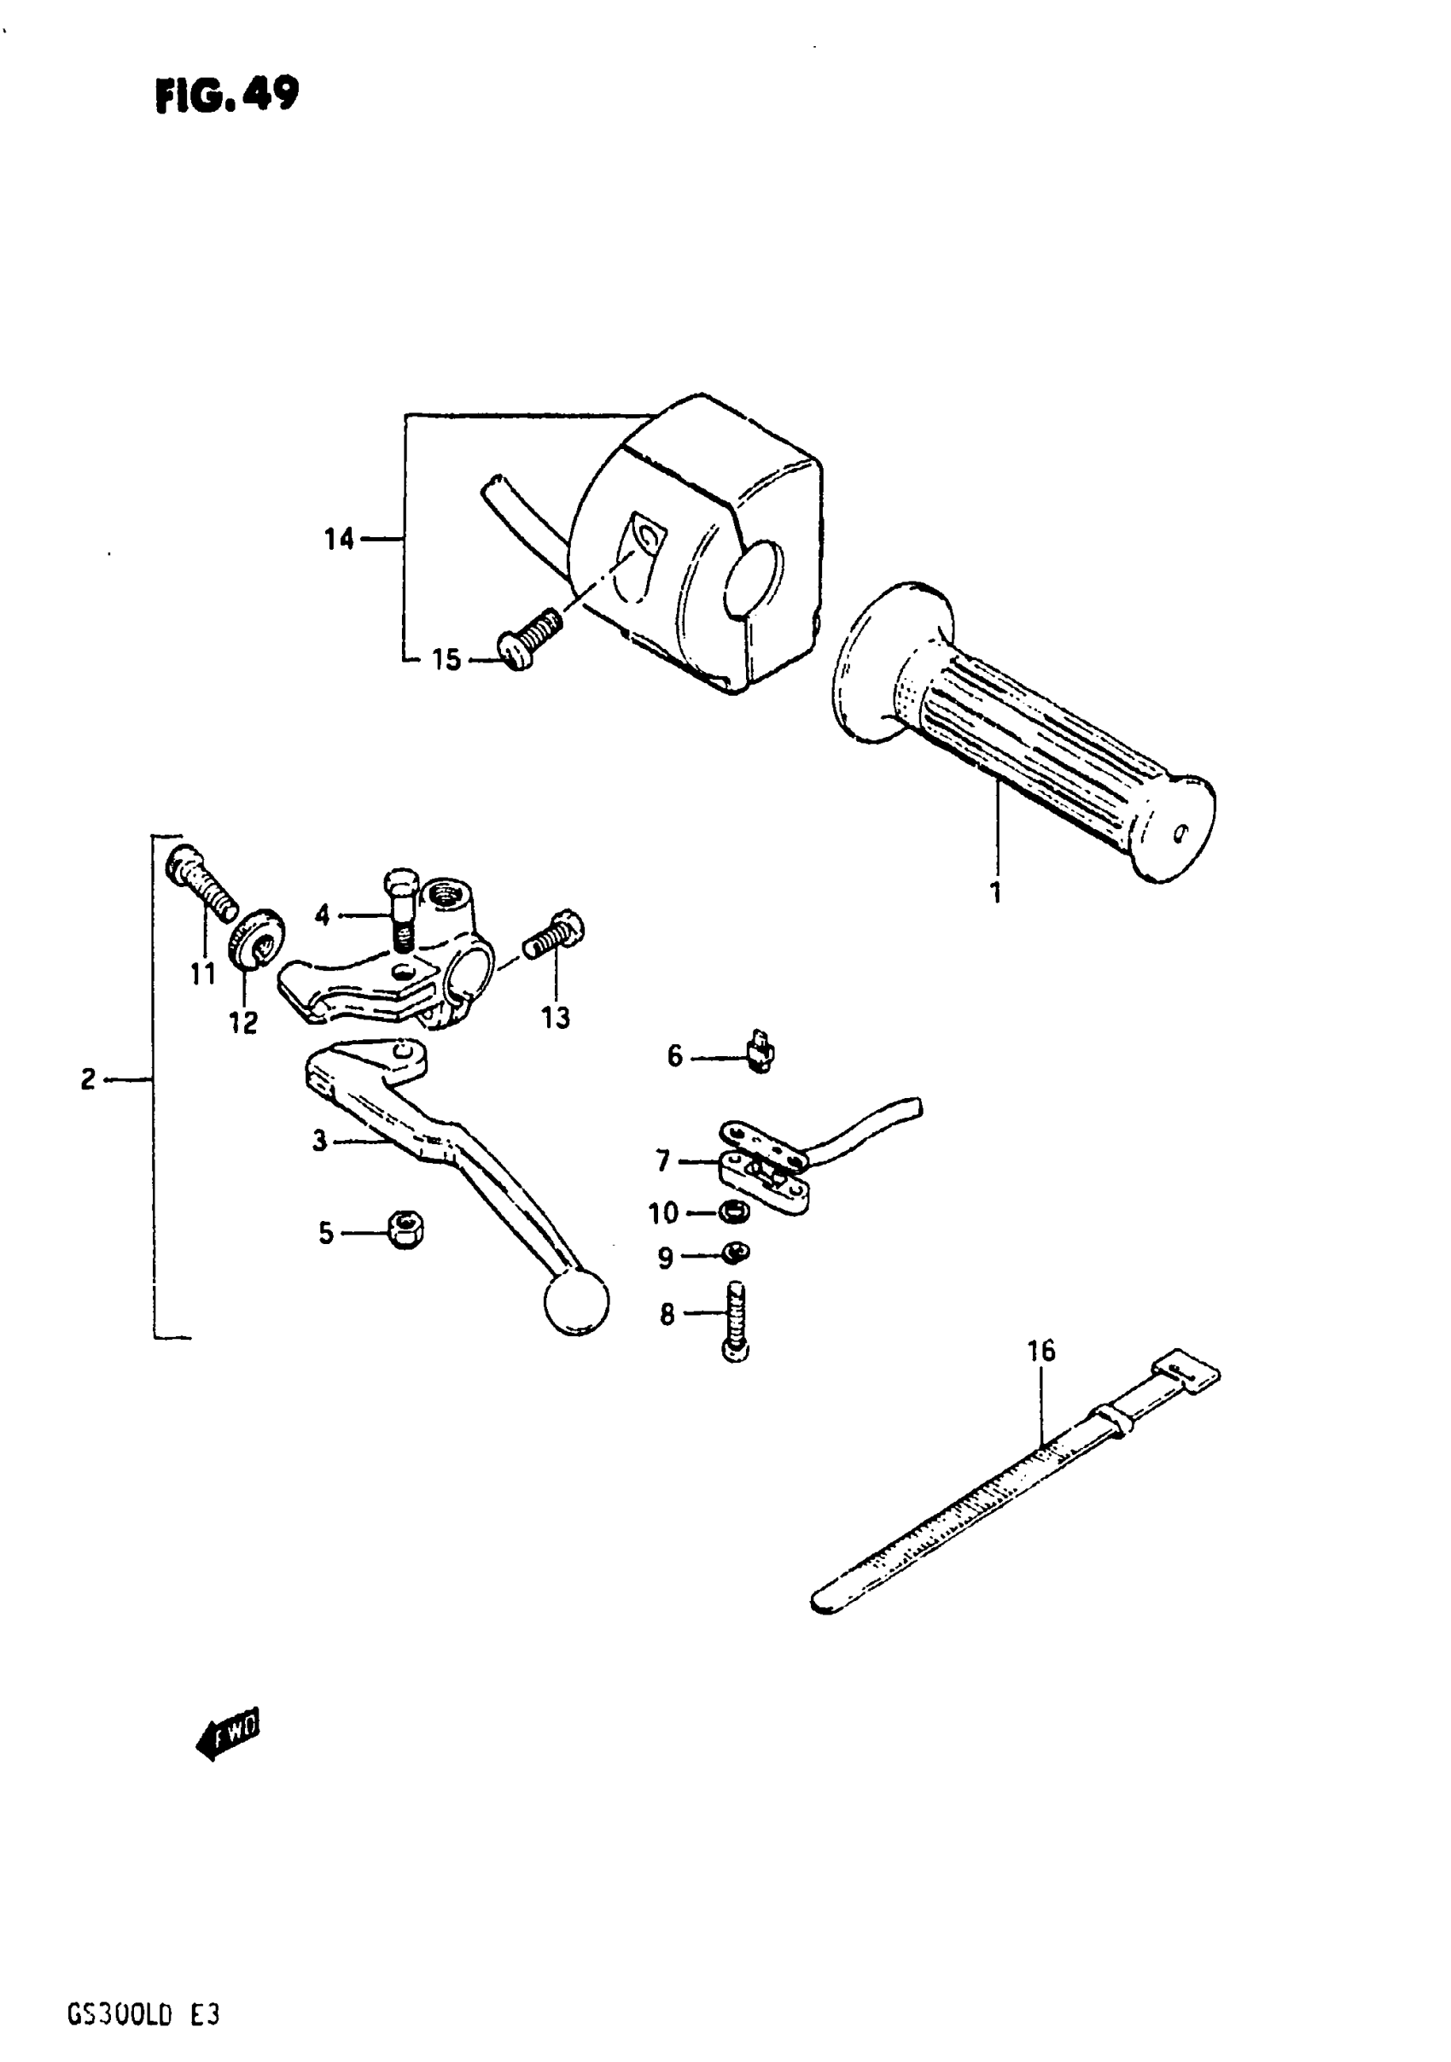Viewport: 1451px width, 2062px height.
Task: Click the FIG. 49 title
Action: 227,94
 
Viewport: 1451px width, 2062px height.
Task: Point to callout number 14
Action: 340,540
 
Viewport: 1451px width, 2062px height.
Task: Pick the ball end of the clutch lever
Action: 576,1300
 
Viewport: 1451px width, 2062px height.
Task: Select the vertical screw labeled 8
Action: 736,1321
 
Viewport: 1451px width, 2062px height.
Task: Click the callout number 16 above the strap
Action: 1040,1376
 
